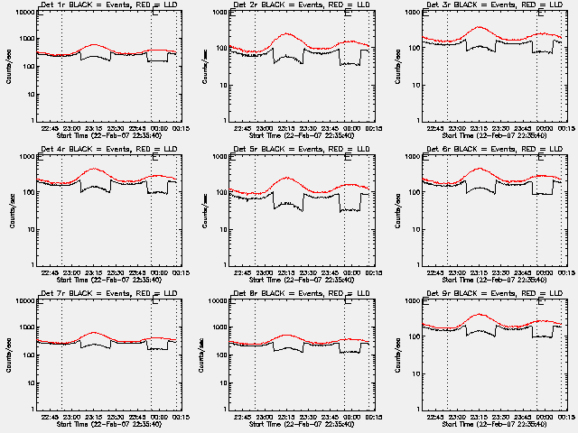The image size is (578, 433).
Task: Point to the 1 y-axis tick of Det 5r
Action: pyautogui.click(x=224, y=265)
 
